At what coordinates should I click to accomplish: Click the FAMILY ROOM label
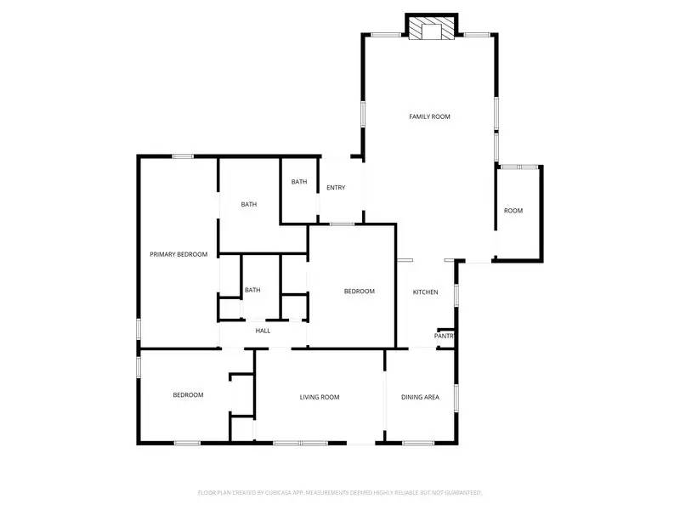coord(429,116)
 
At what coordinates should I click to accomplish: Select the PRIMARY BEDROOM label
coord(178,254)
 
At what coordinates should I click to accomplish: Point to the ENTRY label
coord(336,188)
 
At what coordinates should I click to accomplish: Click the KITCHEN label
coord(425,292)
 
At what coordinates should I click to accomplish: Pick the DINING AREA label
coord(420,397)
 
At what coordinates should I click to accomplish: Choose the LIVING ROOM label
coord(320,397)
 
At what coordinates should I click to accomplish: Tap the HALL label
coord(263,331)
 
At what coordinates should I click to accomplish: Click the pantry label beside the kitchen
coord(445,337)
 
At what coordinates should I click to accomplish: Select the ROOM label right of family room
coord(513,211)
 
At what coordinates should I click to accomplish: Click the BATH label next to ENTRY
coord(299,182)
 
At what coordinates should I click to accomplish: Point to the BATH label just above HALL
coord(252,290)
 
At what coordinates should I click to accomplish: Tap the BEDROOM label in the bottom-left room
coord(188,394)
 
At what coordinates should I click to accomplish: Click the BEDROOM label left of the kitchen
coord(359,292)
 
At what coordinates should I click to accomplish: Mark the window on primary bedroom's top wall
coord(183,156)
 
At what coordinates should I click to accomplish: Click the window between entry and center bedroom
coord(342,224)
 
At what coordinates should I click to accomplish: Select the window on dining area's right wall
coord(456,397)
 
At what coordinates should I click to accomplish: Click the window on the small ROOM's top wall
coord(518,167)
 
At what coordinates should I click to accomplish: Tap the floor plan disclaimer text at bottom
coord(340,492)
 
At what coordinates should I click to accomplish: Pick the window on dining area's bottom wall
coord(417,443)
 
